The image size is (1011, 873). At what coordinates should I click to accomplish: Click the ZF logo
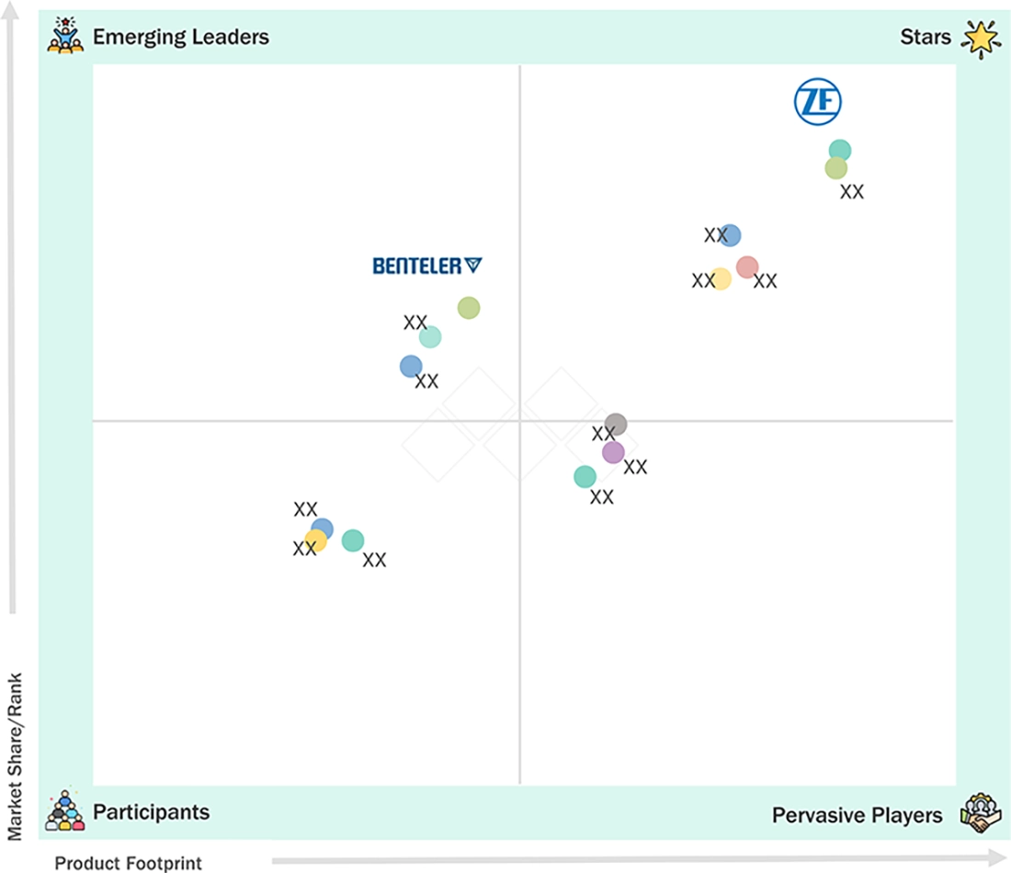tap(818, 102)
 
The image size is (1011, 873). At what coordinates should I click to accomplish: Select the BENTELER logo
tap(426, 266)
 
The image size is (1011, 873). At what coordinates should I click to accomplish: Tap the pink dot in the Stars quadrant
tap(747, 266)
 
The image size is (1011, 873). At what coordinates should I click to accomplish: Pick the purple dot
tap(613, 453)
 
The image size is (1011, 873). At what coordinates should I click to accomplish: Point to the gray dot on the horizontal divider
tap(616, 425)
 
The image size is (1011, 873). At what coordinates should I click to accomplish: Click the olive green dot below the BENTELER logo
tap(469, 308)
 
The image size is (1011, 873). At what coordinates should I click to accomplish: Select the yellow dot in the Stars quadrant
tap(721, 278)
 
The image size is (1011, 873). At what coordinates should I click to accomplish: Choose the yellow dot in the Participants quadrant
tap(315, 540)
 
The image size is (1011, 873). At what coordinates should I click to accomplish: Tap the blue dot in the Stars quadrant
tap(729, 235)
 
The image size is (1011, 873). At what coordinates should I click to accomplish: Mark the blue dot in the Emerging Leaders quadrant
tap(411, 367)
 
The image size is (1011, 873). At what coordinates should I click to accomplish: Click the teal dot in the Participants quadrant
tap(353, 540)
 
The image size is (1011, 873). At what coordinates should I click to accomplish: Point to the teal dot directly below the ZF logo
tap(839, 151)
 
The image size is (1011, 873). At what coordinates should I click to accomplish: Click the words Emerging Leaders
tap(181, 38)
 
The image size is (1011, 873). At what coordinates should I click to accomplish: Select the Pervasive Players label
tap(857, 816)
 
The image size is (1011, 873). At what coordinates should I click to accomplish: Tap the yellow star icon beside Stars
tap(982, 39)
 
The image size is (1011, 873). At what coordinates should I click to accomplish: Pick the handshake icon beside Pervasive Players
tap(981, 813)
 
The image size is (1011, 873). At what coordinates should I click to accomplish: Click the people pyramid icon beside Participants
tap(65, 811)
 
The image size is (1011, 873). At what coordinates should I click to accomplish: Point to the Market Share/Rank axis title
tap(15, 757)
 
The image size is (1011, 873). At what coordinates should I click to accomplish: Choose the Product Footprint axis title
tap(129, 863)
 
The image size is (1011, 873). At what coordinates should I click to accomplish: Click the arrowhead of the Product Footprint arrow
tap(997, 857)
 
